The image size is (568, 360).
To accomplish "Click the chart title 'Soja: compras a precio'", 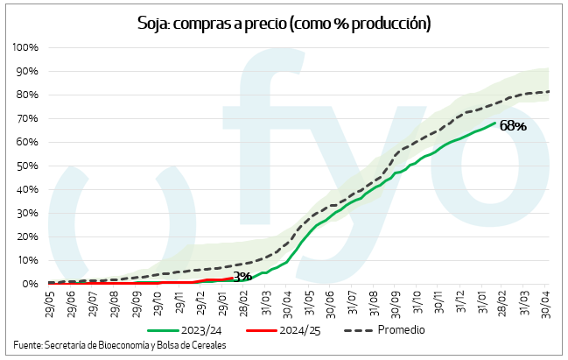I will [284, 23].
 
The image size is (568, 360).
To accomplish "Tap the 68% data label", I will [513, 126].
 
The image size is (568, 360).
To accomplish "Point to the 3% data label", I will [242, 277].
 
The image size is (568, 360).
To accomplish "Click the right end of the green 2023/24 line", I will [495, 124].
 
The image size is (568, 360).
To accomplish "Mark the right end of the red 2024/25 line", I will [233, 278].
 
